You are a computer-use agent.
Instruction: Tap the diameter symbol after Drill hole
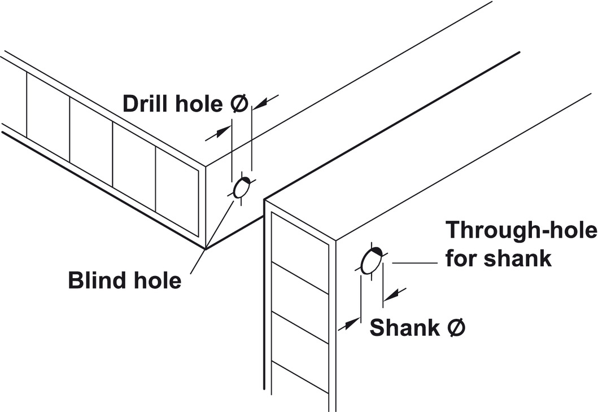[x=239, y=104]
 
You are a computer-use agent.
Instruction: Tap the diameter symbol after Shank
[x=456, y=327]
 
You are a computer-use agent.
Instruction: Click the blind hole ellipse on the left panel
[x=242, y=187]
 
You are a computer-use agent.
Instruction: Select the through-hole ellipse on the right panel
[x=371, y=261]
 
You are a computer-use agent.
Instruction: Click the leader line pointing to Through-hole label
[x=415, y=263]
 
